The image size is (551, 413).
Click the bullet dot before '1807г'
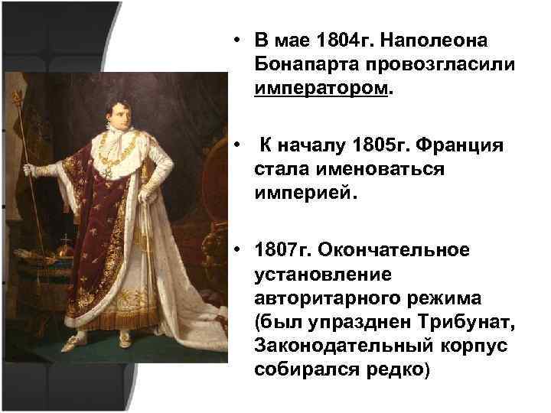pos(240,250)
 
